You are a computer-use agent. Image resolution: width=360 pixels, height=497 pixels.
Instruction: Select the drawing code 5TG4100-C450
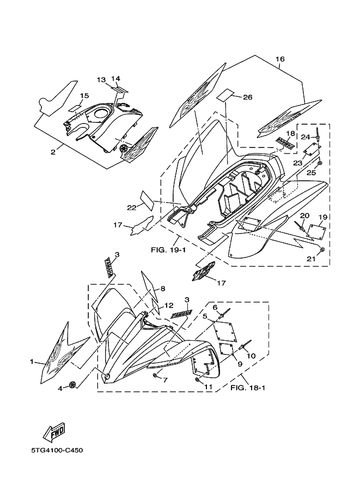(x=57, y=450)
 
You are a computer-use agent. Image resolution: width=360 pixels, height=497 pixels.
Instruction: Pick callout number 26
(x=248, y=97)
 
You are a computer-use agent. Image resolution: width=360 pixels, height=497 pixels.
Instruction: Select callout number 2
(x=53, y=152)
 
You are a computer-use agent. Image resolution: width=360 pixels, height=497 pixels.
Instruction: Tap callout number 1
(x=32, y=361)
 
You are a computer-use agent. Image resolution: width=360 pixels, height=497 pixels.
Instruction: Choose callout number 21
(x=310, y=259)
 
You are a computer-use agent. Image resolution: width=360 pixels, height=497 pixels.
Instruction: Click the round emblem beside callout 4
(x=72, y=385)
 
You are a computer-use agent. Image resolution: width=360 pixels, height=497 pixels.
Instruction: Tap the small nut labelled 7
(x=155, y=376)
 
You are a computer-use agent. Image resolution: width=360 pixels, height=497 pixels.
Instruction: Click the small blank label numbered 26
(x=228, y=96)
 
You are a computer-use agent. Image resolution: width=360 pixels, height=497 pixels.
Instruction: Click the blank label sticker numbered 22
(x=145, y=199)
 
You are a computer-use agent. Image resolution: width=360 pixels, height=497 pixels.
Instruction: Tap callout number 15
(x=83, y=96)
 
